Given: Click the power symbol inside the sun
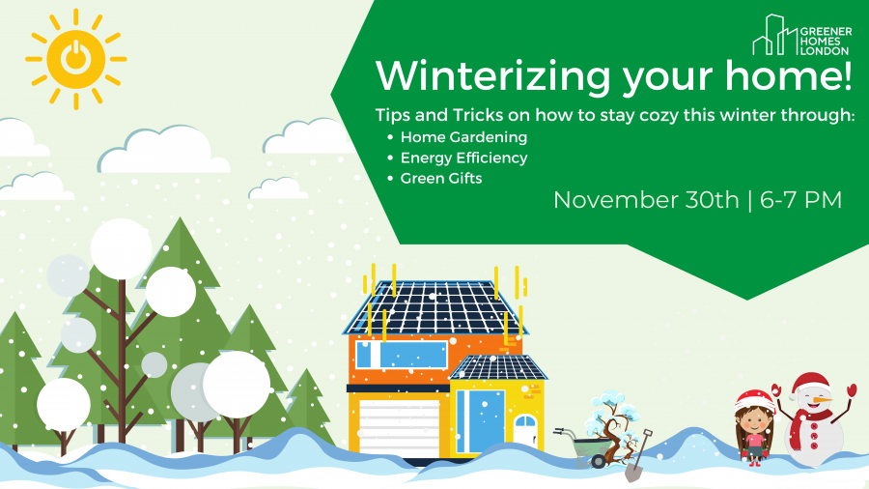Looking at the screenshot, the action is pyautogui.click(x=76, y=58).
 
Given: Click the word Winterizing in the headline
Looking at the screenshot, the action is pyautogui.click(x=492, y=75).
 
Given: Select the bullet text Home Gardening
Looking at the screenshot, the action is pyautogui.click(x=463, y=137).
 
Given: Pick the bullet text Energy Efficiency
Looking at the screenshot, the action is pyautogui.click(x=463, y=158).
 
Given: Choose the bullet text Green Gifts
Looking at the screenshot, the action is pyautogui.click(x=441, y=179).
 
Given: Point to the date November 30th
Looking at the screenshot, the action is pyautogui.click(x=646, y=200).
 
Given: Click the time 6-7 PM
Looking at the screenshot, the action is pyautogui.click(x=800, y=200).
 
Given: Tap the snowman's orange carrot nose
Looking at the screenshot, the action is pyautogui.click(x=822, y=399).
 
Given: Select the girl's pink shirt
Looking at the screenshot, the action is pyautogui.click(x=755, y=442).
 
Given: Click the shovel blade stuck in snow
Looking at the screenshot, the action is pyautogui.click(x=633, y=473).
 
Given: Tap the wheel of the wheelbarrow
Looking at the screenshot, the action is pyautogui.click(x=599, y=461).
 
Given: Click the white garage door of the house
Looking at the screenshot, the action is pyautogui.click(x=400, y=426).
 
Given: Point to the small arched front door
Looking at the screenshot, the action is pyautogui.click(x=525, y=430).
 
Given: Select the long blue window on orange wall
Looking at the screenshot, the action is pyautogui.click(x=402, y=355).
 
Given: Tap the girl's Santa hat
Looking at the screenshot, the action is pyautogui.click(x=755, y=401).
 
